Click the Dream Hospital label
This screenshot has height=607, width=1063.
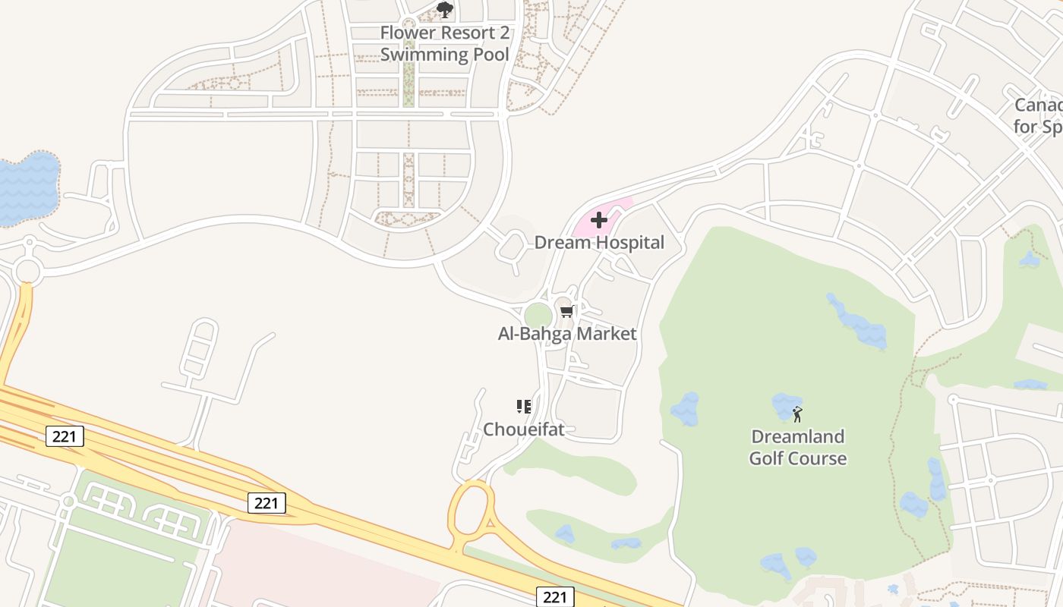point(599,243)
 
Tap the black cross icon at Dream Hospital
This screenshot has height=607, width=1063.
point(599,220)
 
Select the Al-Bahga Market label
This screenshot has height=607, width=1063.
point(567,334)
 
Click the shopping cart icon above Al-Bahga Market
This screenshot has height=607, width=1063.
point(566,311)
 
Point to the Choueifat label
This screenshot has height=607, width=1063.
point(524,429)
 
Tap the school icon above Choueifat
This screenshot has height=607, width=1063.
point(523,407)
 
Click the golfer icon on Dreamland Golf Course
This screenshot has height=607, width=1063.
point(796,414)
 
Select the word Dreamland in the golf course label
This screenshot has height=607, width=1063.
point(797,437)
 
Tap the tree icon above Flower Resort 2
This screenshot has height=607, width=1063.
point(445,10)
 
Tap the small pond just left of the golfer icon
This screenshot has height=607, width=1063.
point(784,405)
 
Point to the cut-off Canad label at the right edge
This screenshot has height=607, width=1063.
point(1039,105)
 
